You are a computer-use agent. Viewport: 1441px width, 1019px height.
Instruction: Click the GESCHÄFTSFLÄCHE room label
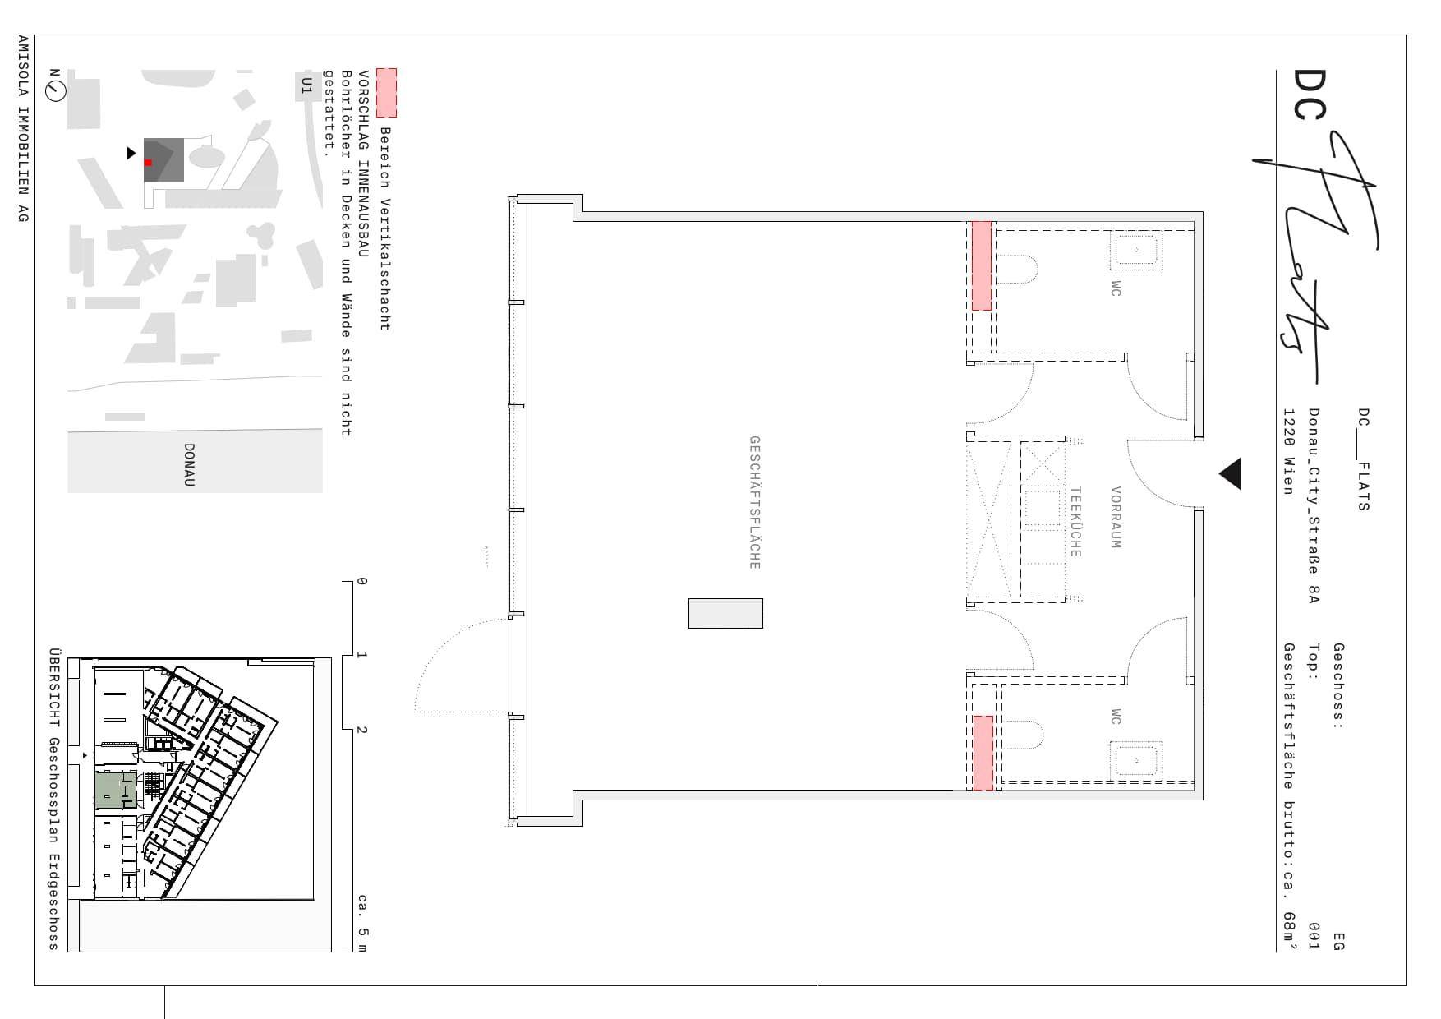(754, 502)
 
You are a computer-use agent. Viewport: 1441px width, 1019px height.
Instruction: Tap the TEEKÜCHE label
(1075, 522)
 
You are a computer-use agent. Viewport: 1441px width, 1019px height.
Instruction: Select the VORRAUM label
(1115, 517)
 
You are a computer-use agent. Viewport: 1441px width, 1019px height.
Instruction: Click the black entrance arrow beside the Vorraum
(1230, 474)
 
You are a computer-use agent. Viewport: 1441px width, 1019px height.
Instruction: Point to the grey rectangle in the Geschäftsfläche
(725, 613)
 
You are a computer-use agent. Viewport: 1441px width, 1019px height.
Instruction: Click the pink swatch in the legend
(386, 92)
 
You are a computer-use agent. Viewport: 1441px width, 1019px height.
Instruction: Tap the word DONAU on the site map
(189, 465)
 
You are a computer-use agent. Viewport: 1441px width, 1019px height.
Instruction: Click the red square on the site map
(148, 163)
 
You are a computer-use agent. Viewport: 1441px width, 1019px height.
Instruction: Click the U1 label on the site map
(306, 85)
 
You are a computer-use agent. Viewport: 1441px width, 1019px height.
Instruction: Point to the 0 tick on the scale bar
(361, 581)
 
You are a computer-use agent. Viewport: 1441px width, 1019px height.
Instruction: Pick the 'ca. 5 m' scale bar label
(362, 924)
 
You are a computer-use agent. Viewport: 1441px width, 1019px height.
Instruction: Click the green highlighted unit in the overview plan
(116, 791)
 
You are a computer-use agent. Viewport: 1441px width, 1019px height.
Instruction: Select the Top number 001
(1314, 936)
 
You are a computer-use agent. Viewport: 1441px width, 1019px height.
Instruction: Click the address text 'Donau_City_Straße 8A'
(1314, 505)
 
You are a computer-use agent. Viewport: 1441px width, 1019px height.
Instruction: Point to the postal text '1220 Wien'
(1289, 451)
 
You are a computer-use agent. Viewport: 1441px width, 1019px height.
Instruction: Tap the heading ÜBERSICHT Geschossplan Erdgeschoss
(54, 800)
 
